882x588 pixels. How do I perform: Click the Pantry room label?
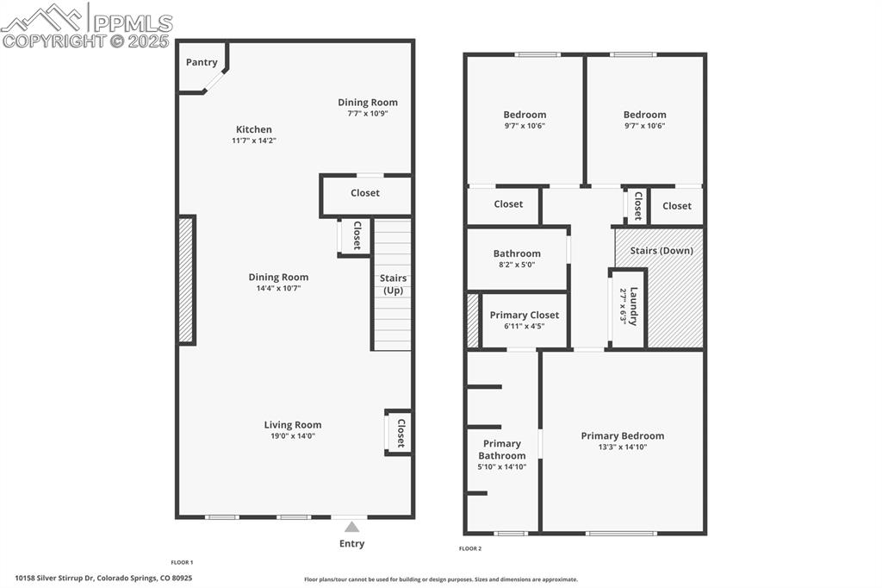202,62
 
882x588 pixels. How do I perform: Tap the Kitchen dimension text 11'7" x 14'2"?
253,141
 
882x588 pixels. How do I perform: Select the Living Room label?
293,424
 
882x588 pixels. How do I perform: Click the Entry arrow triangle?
351,526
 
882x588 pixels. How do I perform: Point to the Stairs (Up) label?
393,284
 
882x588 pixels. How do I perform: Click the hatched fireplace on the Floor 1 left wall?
186,280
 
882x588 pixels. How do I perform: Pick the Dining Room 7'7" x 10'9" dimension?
368,113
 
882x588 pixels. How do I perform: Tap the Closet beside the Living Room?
400,433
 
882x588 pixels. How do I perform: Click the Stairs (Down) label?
661,251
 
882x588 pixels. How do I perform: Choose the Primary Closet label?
525,315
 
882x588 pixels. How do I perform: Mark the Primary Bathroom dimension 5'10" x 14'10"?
502,466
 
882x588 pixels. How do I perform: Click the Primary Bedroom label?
623,435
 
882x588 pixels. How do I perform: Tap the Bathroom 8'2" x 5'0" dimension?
517,265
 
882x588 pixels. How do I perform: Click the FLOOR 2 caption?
470,548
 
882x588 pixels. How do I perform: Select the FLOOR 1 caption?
182,562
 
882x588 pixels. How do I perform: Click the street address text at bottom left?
103,578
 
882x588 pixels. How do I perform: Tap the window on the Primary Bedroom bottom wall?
621,533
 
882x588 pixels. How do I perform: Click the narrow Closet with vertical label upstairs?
638,206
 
